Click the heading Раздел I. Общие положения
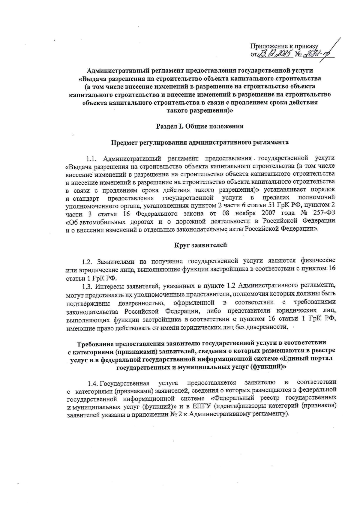(199, 126)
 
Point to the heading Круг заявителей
(201, 245)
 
